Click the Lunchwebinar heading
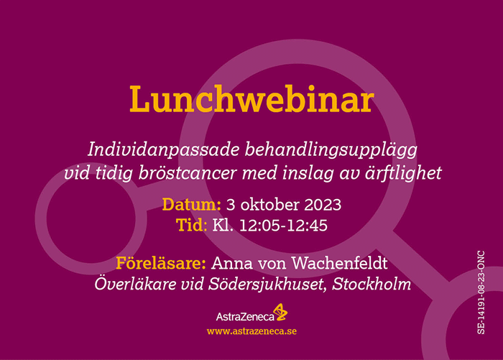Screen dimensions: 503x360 [252, 99]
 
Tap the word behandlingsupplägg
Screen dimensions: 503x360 [331, 150]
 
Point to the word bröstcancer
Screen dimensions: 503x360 [188, 173]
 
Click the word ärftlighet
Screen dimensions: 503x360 [404, 172]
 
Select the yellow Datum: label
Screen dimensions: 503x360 [192, 204]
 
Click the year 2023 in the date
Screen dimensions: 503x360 [323, 205]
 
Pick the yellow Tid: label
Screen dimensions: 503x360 [192, 225]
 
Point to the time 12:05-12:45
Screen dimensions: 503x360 [284, 225]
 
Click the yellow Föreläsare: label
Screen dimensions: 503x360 [161, 263]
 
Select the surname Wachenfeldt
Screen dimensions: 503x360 [339, 263]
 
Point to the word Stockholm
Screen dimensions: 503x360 [372, 284]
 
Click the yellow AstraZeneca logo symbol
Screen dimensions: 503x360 [280, 312]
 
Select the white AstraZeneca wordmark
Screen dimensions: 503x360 [245, 317]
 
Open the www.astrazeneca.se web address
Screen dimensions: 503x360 [251, 331]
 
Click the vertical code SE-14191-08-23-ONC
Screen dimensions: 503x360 [481, 292]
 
